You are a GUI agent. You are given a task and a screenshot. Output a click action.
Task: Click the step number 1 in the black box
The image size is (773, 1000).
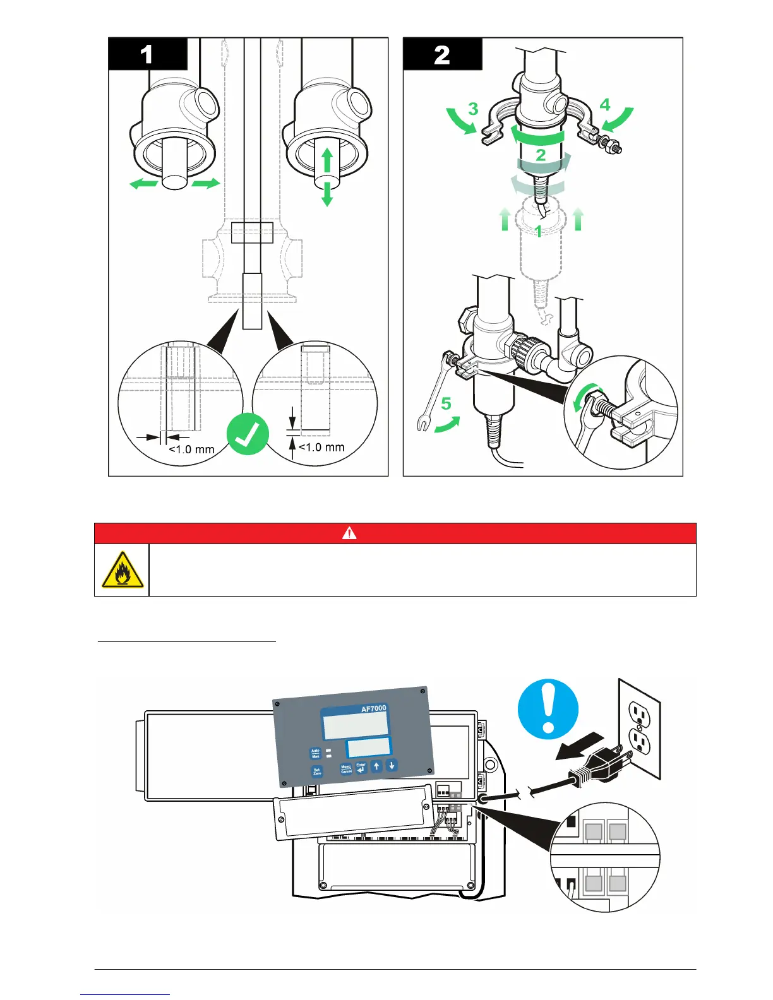pyautogui.click(x=147, y=54)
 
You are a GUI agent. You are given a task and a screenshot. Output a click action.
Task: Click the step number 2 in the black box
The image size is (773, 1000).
pyautogui.click(x=442, y=55)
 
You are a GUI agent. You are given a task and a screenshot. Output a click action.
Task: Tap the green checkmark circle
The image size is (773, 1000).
pyautogui.click(x=248, y=434)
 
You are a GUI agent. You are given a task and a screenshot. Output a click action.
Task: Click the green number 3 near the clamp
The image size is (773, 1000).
pyautogui.click(x=473, y=109)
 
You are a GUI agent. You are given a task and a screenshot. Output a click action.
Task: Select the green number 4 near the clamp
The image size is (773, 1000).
pyautogui.click(x=605, y=104)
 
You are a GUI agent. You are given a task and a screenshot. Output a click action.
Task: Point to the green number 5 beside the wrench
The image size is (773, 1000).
pyautogui.click(x=446, y=403)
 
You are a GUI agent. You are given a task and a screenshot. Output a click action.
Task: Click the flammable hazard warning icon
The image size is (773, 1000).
pyautogui.click(x=122, y=570)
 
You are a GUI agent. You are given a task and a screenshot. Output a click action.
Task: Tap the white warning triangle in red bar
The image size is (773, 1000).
pyautogui.click(x=349, y=533)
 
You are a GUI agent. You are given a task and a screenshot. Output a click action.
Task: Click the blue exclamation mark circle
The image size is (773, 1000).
pyautogui.click(x=548, y=709)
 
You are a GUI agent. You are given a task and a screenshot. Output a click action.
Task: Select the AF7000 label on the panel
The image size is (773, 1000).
pyautogui.click(x=373, y=708)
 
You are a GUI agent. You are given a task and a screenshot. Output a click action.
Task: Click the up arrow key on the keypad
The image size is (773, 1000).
pyautogui.click(x=377, y=766)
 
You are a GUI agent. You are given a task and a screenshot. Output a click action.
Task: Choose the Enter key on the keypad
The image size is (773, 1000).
pyautogui.click(x=361, y=767)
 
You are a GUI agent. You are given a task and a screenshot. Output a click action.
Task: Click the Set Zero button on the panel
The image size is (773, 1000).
pyautogui.click(x=317, y=771)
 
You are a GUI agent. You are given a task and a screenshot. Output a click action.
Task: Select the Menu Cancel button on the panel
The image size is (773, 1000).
pyautogui.click(x=346, y=769)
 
